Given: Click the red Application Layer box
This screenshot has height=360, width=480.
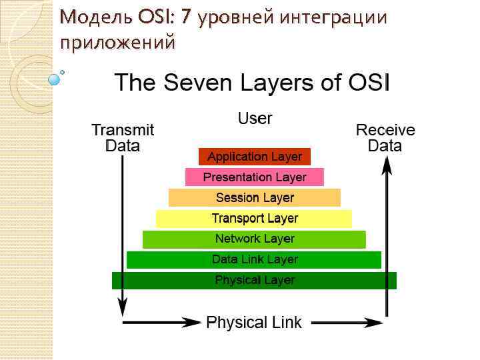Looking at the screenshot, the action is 255,157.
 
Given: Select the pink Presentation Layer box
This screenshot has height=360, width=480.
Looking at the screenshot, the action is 255,177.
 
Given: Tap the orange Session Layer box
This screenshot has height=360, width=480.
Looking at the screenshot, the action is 255,198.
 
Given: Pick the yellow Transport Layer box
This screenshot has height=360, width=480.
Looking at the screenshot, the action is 255,219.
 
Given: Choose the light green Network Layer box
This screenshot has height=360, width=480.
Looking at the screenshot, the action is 255,239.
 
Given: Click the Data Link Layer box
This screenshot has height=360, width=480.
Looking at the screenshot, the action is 255,259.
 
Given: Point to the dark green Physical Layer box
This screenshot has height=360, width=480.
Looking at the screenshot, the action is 255,280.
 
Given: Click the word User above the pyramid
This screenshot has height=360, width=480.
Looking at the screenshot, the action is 255,119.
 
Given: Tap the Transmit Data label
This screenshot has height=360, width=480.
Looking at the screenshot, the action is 123,137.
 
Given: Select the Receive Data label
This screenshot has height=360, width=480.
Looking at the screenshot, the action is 385,137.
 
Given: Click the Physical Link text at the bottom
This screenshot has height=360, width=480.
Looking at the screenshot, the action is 254,323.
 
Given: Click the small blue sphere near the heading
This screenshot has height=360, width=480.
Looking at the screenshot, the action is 55,79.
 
